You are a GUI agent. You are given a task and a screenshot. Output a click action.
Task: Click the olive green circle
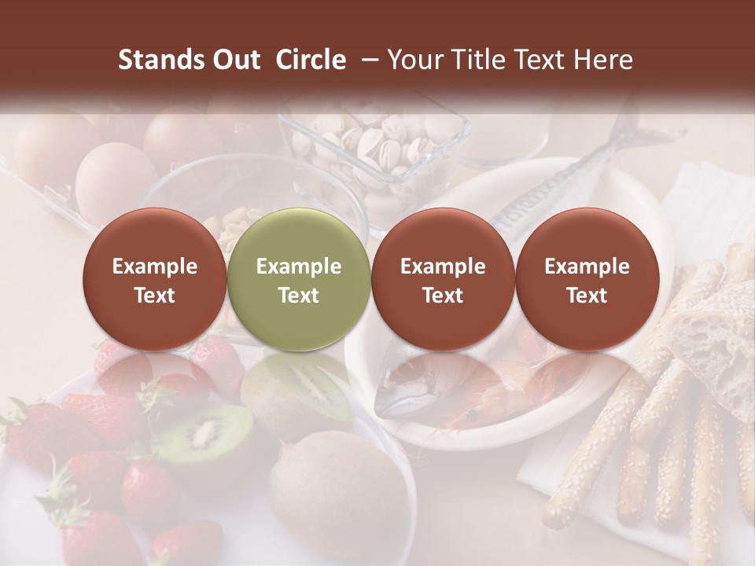tap(298, 279)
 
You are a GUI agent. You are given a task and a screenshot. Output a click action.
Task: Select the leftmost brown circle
tap(154, 279)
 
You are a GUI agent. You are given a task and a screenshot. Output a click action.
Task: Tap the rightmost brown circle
tap(587, 279)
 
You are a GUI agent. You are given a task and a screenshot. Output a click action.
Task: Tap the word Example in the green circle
tap(298, 266)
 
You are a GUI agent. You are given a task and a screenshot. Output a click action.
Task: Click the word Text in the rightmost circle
tap(587, 296)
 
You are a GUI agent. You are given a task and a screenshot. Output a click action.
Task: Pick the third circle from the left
tap(443, 279)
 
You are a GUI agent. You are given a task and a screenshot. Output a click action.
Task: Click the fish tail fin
tap(629, 130)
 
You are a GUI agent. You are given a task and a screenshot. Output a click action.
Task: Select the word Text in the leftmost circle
tap(154, 296)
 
